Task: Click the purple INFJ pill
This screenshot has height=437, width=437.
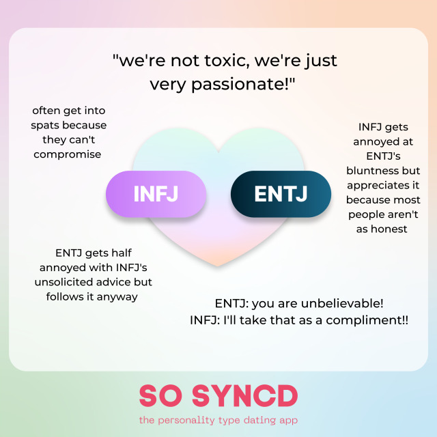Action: click(x=156, y=194)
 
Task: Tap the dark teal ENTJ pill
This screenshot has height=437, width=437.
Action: click(x=281, y=194)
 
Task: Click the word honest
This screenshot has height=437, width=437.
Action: click(x=389, y=229)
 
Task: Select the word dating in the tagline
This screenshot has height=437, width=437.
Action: click(x=249, y=420)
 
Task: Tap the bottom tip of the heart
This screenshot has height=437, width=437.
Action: click(x=218, y=266)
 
